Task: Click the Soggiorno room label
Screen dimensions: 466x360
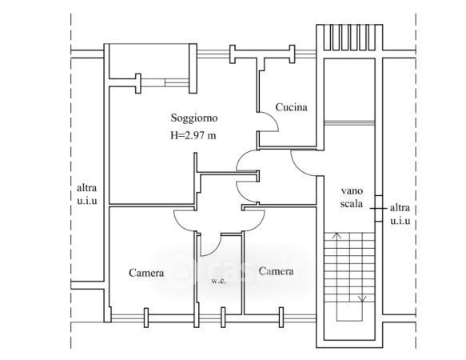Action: click(x=194, y=118)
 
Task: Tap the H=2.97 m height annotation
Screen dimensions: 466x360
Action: click(x=193, y=136)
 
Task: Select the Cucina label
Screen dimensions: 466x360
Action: click(x=291, y=107)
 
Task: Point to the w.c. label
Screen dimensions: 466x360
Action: click(x=219, y=281)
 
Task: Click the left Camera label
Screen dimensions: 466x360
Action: click(x=146, y=273)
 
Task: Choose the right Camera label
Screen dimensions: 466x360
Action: click(x=276, y=271)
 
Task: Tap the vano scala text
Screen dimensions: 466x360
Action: click(x=352, y=198)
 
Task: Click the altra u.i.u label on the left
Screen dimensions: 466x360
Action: click(x=87, y=194)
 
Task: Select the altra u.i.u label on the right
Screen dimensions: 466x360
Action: click(x=400, y=214)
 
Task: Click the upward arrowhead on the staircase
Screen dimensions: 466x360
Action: click(x=337, y=236)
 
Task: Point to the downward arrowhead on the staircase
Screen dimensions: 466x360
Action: click(x=362, y=298)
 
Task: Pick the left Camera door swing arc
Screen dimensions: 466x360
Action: click(x=181, y=226)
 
